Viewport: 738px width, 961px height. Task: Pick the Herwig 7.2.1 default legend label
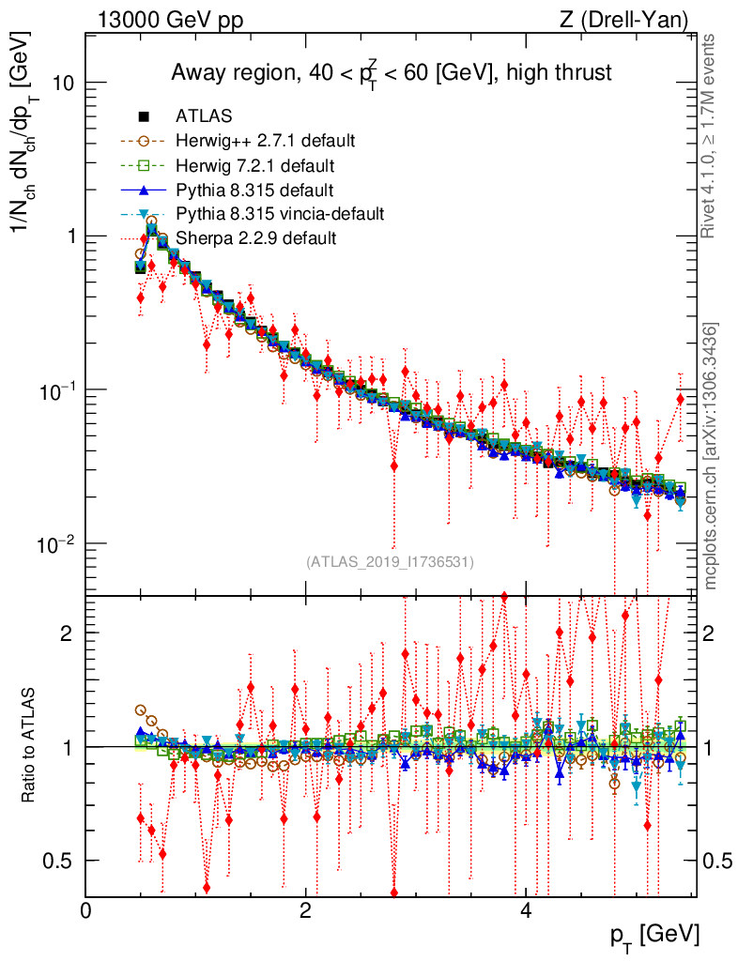[x=254, y=166]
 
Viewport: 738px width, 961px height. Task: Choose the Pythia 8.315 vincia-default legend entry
[x=280, y=214]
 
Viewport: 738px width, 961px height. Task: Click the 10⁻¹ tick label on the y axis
[x=54, y=389]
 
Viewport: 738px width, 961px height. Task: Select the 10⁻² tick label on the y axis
[x=54, y=543]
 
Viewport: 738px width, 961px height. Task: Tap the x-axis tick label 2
[x=305, y=910]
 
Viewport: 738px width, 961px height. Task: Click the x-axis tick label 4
[x=526, y=910]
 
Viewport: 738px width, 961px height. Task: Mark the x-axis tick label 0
[x=85, y=910]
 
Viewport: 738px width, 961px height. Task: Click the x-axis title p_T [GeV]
[x=654, y=935]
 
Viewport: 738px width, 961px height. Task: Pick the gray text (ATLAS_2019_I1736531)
[x=390, y=562]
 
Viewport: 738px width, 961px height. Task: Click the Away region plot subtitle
[x=391, y=72]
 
